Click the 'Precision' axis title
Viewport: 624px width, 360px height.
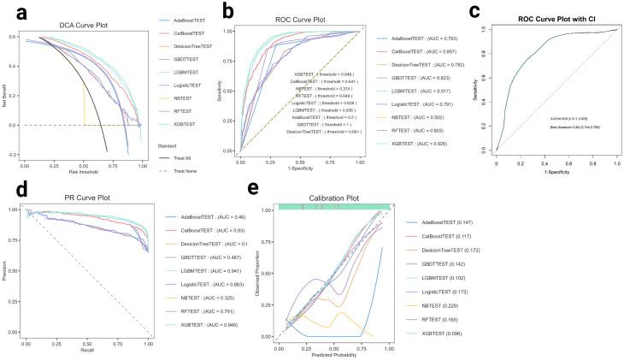tap(6, 270)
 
